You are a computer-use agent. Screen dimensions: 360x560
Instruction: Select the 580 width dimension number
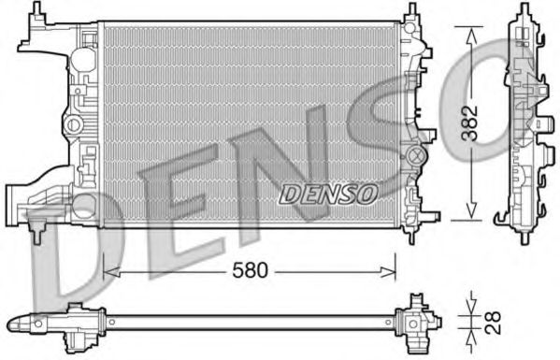point(250,270)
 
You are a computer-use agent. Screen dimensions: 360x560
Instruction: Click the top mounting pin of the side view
point(520,11)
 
